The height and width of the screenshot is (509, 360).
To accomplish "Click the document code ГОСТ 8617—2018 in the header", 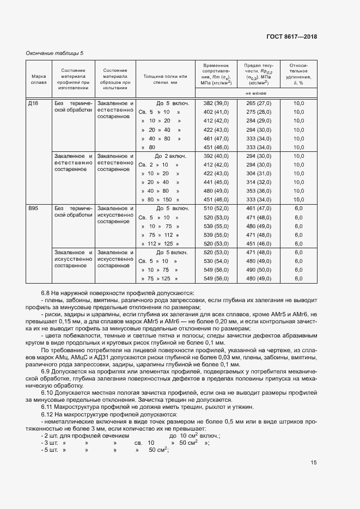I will pyautogui.click(x=291, y=36).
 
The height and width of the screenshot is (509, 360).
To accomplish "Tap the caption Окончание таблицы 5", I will pyautogui.click(x=55, y=53).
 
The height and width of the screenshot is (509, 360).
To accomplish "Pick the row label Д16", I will pyautogui.click(x=34, y=103).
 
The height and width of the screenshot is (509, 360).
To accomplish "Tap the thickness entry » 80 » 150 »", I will pyautogui.click(x=161, y=200).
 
